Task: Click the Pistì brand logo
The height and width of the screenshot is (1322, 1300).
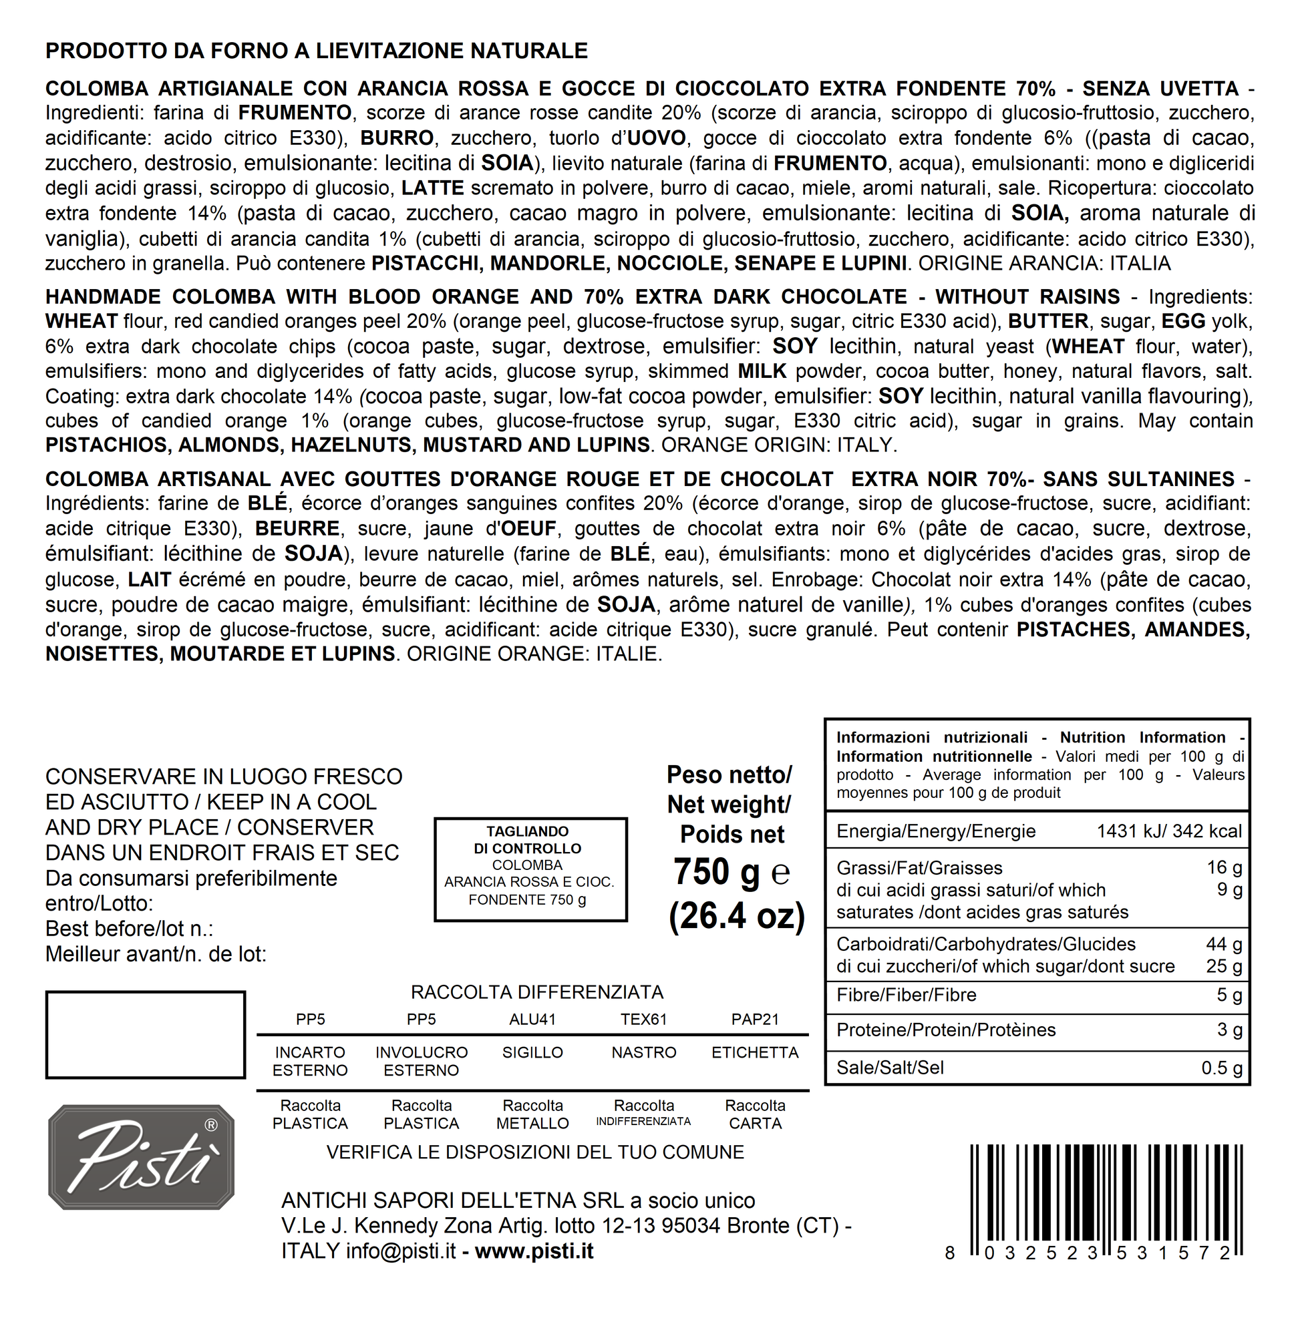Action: point(142,1158)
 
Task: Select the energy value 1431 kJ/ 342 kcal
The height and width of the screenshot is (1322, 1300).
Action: point(1169,831)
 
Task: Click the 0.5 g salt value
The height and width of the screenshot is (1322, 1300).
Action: point(1221,1068)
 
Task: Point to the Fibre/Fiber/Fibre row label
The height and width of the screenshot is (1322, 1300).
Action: point(906,995)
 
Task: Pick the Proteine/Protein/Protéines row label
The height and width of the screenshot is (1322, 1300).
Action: point(946,1030)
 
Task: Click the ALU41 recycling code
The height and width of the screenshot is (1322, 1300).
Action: point(532,1020)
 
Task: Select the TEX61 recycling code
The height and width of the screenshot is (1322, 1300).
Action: point(643,1020)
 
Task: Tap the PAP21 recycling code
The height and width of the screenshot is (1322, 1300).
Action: point(754,1020)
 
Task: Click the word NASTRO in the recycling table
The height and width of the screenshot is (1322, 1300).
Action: point(643,1052)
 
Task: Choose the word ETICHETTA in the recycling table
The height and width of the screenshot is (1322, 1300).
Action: point(754,1052)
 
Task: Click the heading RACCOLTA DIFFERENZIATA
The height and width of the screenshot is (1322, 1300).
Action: point(536,991)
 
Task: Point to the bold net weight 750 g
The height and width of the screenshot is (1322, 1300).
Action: point(716,871)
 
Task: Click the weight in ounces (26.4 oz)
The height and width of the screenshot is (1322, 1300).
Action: point(737,916)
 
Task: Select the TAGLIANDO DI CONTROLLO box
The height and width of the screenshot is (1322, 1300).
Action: point(530,869)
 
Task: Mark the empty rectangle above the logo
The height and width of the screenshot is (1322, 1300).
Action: point(146,1035)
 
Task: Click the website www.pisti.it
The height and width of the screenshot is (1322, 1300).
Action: point(534,1251)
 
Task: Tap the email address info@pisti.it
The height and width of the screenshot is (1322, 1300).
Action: point(400,1251)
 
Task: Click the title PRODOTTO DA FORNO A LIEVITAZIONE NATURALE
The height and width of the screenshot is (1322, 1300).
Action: point(316,51)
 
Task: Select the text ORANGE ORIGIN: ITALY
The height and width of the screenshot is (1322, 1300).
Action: point(779,445)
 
